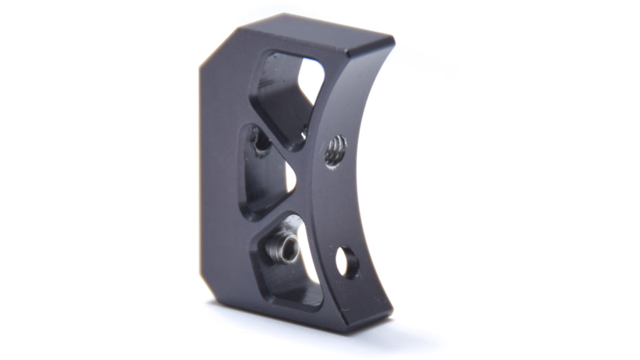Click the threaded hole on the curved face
tap(336, 151)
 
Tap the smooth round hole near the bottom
tap(346, 262)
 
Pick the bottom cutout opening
tap(288, 262)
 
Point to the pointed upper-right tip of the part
tap(392, 41)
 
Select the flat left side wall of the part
tap(219, 170)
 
